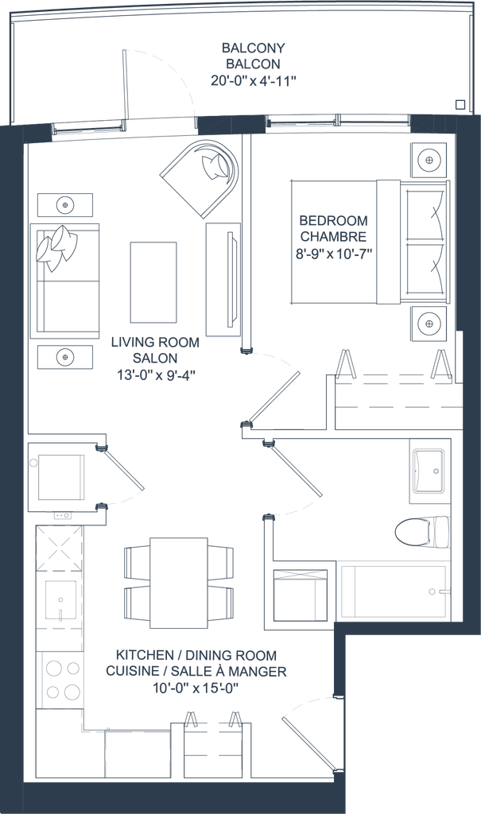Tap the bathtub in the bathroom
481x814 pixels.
393,591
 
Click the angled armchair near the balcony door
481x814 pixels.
199,176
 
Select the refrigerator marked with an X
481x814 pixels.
60,548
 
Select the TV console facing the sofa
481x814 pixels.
222,278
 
